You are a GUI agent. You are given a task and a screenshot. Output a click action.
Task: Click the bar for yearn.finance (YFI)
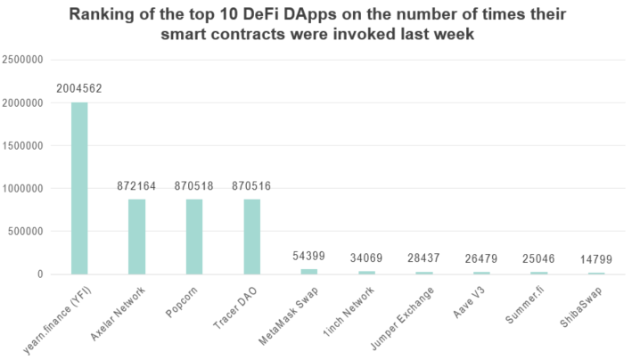78,188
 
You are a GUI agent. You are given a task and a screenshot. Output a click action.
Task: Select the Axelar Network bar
136,236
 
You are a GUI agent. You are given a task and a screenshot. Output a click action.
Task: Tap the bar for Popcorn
194,236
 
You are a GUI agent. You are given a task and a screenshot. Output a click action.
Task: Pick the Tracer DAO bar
252,236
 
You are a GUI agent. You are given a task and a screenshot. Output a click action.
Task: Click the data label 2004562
78,88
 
